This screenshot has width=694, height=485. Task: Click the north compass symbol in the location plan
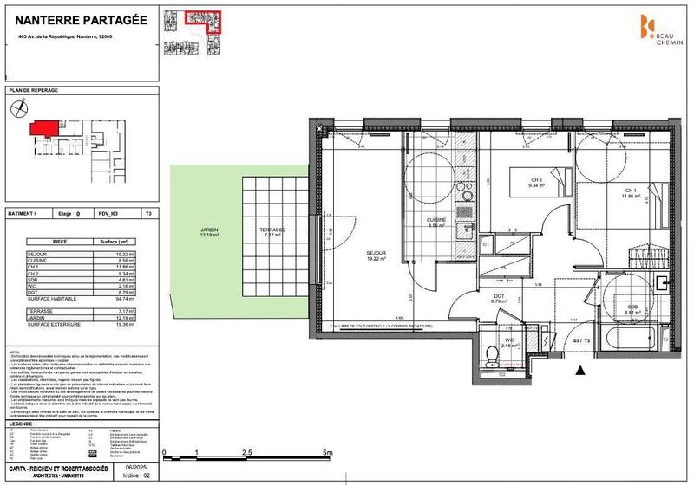coord(20,109)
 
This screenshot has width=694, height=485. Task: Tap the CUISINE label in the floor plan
coord(435,222)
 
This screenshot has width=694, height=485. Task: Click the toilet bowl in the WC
coord(492,352)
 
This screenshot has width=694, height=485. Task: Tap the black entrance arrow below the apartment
coord(581,371)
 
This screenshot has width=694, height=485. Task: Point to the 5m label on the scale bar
coord(327,452)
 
